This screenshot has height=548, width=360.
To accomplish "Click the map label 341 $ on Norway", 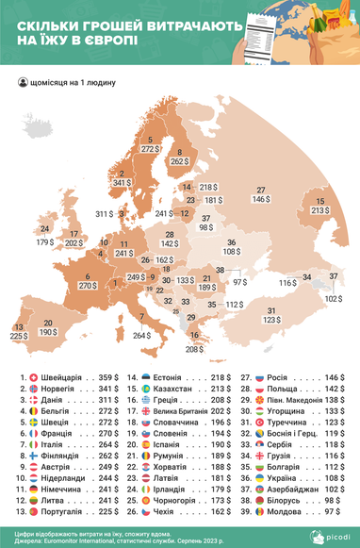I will pyautogui.click(x=123, y=182).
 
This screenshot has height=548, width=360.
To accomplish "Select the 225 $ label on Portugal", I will pyautogui.click(x=18, y=335).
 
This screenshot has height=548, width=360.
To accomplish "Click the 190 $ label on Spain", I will pyautogui.click(x=47, y=333).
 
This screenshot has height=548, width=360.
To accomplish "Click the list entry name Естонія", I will pyautogui.click(x=171, y=376).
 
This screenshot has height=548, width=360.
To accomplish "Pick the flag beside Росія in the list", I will pyautogui.click(x=260, y=376).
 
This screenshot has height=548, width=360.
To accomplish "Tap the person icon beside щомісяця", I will pyautogui.click(x=22, y=82).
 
